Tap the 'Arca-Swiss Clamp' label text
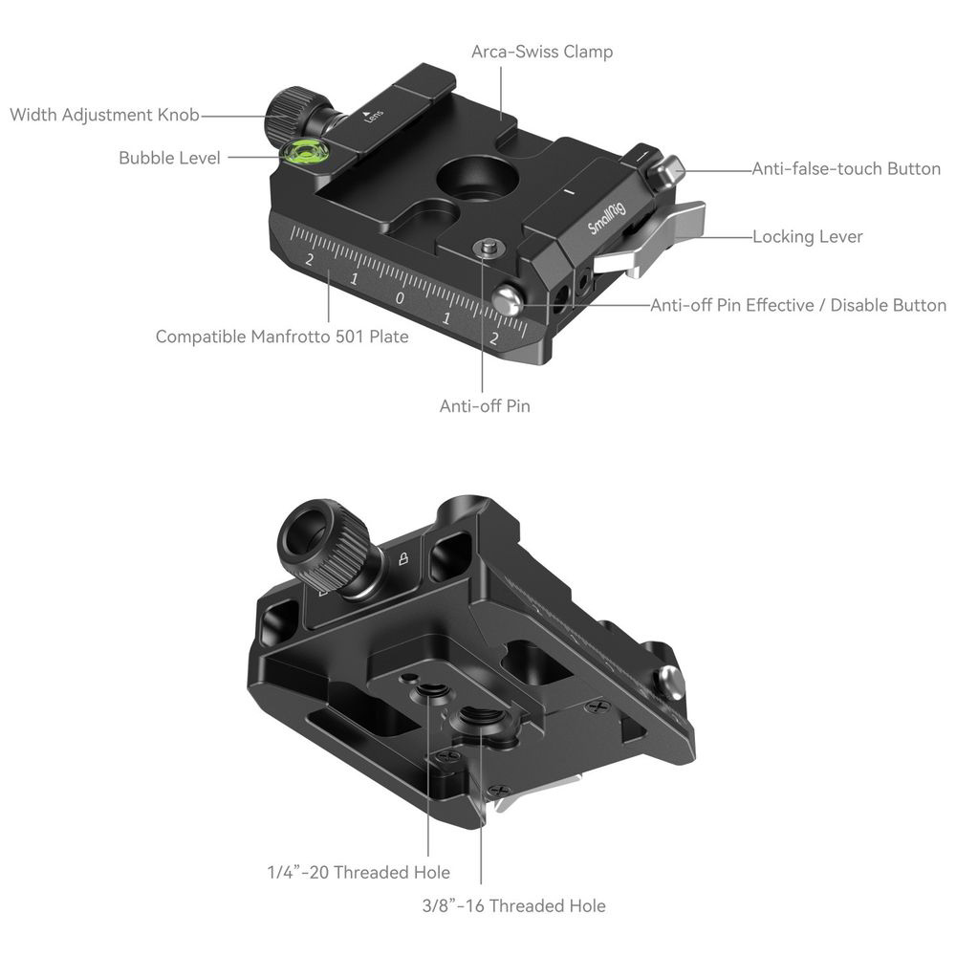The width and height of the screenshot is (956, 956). [x=542, y=52]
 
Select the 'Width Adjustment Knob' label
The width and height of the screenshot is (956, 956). [x=104, y=115]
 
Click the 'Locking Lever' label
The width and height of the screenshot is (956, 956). [x=807, y=236]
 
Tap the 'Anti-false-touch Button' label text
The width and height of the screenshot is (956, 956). [x=846, y=169]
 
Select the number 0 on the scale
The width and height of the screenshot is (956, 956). [x=400, y=298]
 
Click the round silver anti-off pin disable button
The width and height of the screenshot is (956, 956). [x=508, y=300]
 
